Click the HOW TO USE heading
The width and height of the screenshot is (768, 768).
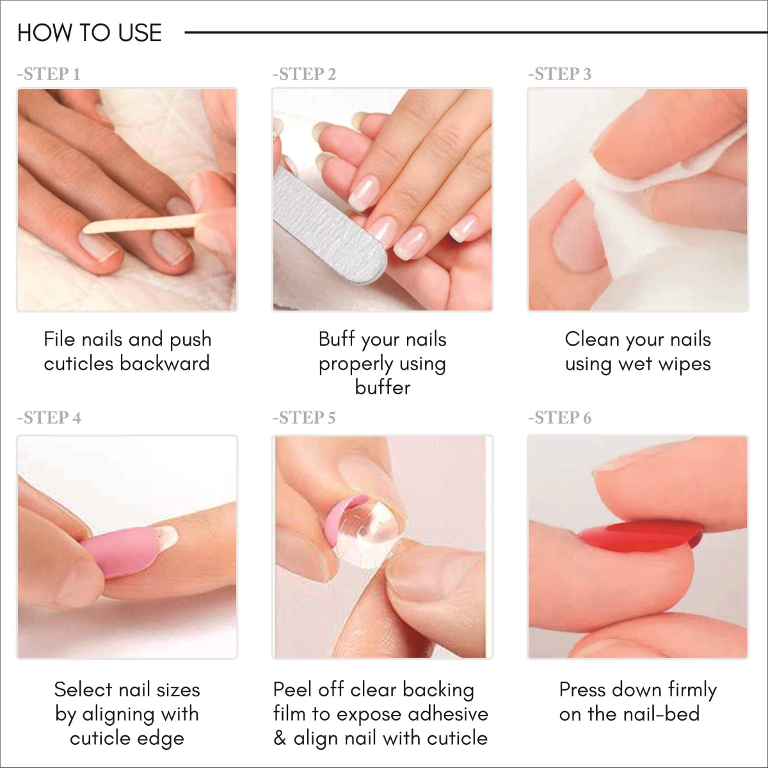90,33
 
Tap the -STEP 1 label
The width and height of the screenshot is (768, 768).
49,74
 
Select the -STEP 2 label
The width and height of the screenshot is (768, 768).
304,74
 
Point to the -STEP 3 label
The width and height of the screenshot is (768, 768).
559,74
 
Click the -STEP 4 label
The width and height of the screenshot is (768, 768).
49,418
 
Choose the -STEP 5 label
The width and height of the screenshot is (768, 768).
304,418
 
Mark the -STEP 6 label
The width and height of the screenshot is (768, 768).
559,418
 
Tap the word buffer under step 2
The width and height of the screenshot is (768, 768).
383,388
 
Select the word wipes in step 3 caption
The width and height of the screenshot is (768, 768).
684,364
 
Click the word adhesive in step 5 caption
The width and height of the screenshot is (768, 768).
448,714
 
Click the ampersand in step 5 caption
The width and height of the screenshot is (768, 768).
280,739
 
